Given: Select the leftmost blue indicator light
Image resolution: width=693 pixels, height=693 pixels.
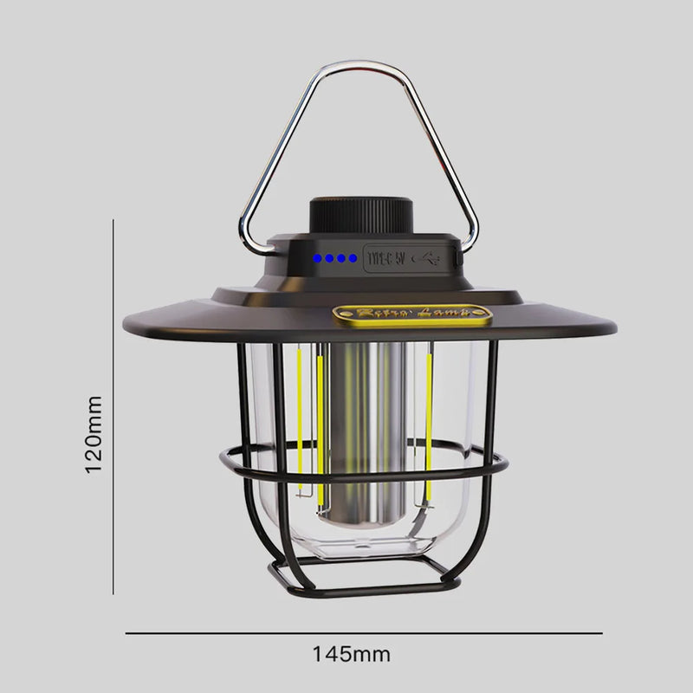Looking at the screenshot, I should point(319,258).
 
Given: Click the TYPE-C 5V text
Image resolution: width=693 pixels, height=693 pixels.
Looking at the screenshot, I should point(387,257).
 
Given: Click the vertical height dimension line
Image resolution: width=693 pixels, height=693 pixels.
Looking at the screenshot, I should point(113,407).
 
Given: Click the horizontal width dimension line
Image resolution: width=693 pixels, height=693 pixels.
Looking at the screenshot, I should point(364,633).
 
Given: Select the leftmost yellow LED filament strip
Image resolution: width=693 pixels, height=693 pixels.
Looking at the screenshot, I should point(301,407).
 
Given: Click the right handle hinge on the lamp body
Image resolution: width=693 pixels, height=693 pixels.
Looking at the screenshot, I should point(459,251).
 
